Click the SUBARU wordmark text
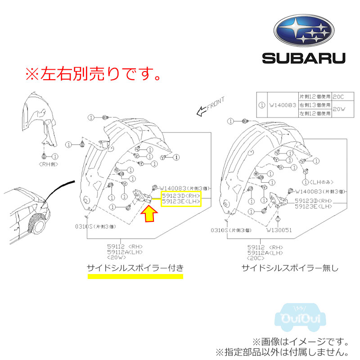(304, 58)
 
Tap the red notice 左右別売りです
(92, 73)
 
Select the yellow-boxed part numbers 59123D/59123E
(180, 198)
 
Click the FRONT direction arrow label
(209, 108)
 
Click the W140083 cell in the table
(282, 107)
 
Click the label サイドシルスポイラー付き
(135, 269)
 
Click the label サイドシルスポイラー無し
(290, 269)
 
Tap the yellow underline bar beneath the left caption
(135, 277)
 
